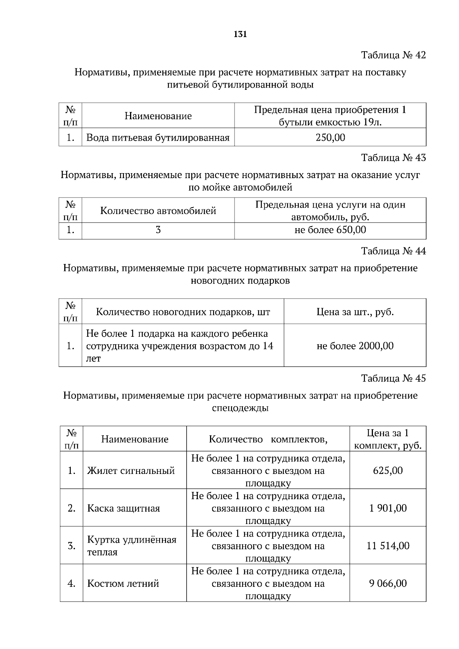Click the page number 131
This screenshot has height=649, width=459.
coord(240,34)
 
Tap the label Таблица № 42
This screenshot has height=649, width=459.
coord(393,55)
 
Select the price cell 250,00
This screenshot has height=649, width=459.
coord(330,138)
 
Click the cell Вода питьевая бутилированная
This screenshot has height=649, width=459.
coord(158,138)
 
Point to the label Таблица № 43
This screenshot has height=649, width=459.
coord(393,158)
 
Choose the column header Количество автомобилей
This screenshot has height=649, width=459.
coord(158,211)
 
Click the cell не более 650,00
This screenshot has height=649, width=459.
coord(330,230)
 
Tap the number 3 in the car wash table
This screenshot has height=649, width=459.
coord(158,230)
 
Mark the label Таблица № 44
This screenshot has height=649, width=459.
coord(393,251)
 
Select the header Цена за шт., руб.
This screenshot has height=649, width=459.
coord(355,312)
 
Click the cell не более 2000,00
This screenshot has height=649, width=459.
coord(355,346)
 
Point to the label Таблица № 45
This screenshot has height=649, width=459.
coord(393,378)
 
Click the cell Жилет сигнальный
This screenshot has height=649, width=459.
coord(131,471)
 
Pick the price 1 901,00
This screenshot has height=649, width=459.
coord(388,508)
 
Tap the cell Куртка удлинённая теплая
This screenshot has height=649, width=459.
coord(132,546)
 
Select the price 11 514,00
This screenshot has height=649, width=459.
coord(388,546)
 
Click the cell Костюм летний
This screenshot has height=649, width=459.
coord(123,584)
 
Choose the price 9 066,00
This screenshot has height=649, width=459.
coord(388,584)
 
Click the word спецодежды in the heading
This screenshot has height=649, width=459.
coord(240,408)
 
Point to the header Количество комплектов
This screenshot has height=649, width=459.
coord(268,439)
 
